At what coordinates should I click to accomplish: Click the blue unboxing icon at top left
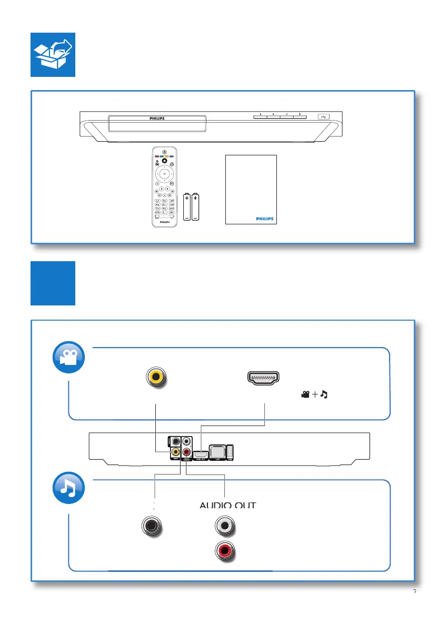[53, 55]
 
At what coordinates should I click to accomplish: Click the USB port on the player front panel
[323, 116]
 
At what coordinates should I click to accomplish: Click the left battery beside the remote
[187, 207]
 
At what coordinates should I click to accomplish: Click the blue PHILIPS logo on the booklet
[264, 217]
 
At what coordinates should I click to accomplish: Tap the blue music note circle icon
[68, 488]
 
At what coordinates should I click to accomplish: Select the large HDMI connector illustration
[263, 377]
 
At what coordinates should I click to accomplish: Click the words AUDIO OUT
[228, 506]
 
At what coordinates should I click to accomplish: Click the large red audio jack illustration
[225, 551]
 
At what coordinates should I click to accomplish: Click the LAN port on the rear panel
[217, 451]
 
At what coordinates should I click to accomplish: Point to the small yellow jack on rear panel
[174, 451]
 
